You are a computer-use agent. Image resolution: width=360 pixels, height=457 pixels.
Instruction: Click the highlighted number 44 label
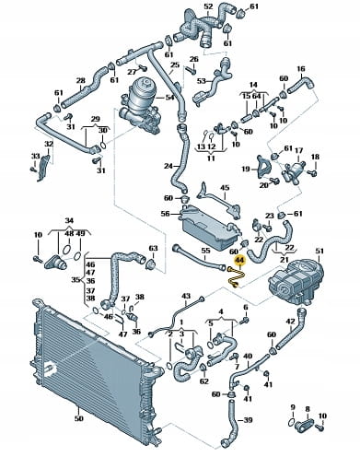coord(239,261)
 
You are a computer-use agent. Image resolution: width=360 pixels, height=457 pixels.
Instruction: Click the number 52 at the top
coord(208,6)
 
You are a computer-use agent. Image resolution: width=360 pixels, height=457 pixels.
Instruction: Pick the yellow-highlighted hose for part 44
coord(236,277)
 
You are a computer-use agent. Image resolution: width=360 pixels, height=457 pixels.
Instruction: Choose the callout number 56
coord(166,214)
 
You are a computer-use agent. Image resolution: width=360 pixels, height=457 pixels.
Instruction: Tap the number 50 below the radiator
coord(79,418)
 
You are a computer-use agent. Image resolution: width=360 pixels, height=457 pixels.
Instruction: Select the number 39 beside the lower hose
coord(248,420)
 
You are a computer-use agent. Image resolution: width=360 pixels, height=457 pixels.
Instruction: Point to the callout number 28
coord(80,81)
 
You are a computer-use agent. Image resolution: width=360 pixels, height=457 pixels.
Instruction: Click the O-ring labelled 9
coord(292,423)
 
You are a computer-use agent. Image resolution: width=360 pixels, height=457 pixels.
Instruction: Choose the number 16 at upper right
coord(301,69)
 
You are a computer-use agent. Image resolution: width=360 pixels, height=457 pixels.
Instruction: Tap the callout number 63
coord(153,248)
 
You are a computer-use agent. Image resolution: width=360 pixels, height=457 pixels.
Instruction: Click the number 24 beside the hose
coord(168,166)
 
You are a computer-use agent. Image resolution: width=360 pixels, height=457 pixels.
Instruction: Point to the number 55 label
coord(205,251)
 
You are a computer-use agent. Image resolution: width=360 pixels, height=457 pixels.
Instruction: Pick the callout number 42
coord(290,322)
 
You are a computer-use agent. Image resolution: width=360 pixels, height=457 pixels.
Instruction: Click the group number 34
coord(69,220)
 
